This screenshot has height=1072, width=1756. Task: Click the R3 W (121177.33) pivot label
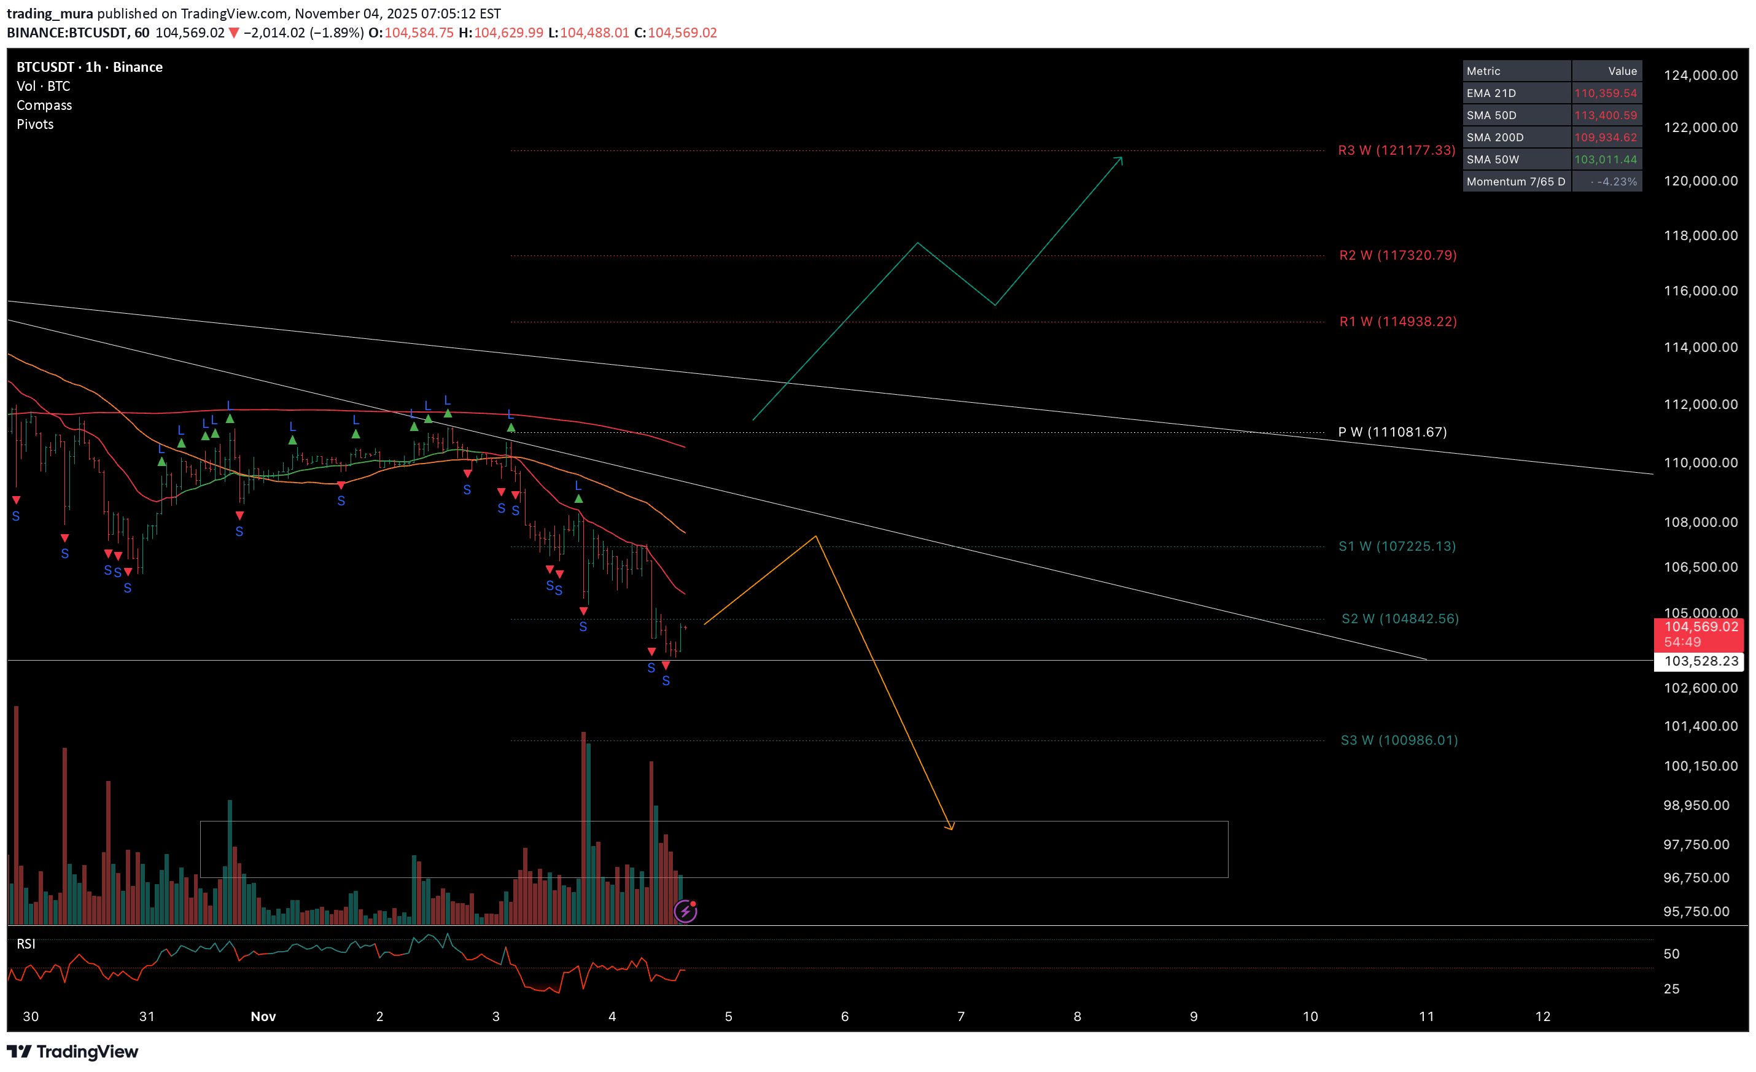point(1396,150)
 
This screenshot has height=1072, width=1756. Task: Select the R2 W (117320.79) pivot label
point(1397,255)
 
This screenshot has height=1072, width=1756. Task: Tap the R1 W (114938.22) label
point(1397,322)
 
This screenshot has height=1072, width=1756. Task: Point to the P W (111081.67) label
point(1392,432)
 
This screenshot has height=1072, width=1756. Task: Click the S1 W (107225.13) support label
point(1397,546)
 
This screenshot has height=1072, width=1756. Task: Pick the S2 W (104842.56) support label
point(1400,619)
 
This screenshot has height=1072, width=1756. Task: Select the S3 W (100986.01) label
point(1399,740)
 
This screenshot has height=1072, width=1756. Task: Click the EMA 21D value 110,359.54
point(1605,93)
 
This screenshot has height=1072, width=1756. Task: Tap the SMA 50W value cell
point(1605,160)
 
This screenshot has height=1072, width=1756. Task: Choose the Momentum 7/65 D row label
point(1516,182)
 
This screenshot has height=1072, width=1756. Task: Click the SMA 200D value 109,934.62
point(1605,138)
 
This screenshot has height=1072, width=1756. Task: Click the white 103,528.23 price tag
point(1700,661)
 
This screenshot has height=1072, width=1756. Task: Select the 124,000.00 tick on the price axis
point(1700,76)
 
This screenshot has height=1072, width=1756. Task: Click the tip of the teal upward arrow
point(1122,158)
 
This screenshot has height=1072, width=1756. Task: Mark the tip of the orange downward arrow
point(952,829)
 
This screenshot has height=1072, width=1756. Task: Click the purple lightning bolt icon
point(685,911)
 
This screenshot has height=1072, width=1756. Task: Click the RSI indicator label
point(26,944)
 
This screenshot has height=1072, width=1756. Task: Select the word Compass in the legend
point(44,106)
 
